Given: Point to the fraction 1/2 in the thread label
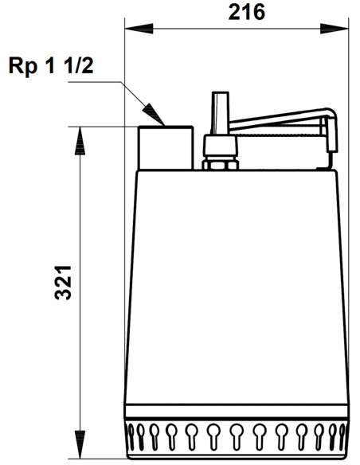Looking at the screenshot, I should [84, 66].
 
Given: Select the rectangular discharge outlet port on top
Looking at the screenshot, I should [166, 147].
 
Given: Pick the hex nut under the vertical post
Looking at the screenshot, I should [220, 165].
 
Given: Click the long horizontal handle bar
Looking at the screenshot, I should [279, 121].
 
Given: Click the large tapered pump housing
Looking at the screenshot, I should [237, 287].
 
